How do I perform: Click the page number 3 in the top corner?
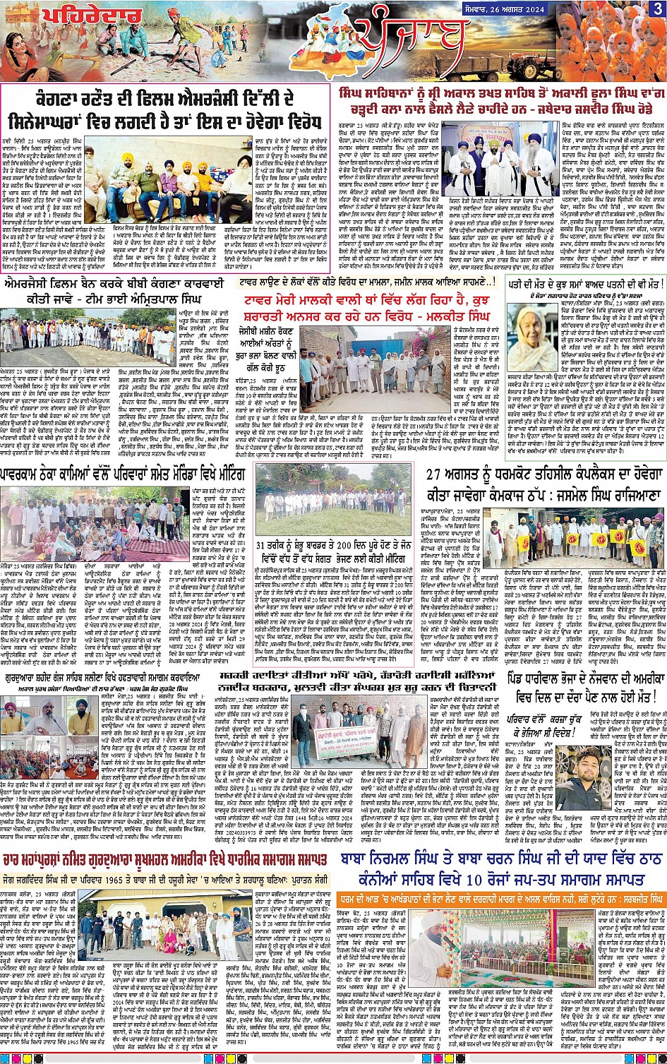point(656,8)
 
